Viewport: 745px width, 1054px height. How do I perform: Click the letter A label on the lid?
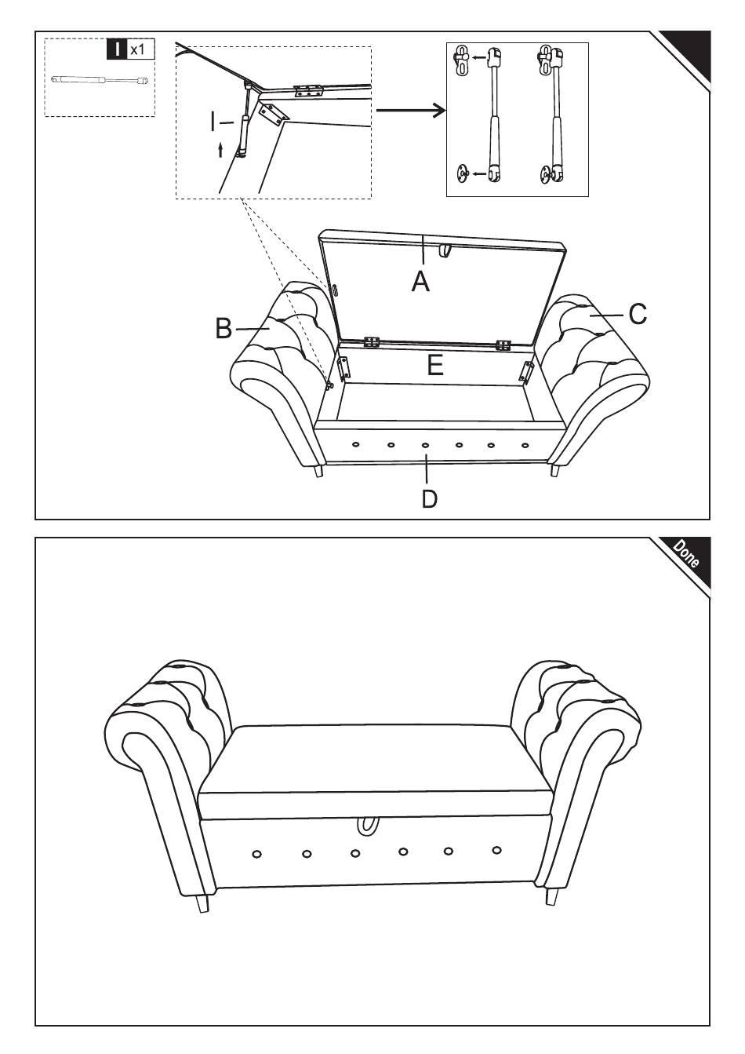pyautogui.click(x=421, y=280)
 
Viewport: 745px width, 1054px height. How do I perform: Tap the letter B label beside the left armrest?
pyautogui.click(x=224, y=328)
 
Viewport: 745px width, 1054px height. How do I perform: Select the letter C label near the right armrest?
pyautogui.click(x=638, y=314)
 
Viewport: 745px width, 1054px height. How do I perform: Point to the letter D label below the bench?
pyautogui.click(x=429, y=498)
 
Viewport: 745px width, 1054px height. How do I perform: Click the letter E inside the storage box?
pyautogui.click(x=435, y=365)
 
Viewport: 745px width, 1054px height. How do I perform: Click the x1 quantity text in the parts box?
pyautogui.click(x=137, y=49)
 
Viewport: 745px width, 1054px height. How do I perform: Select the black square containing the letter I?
pyautogui.click(x=117, y=49)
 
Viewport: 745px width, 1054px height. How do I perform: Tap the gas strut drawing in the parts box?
pyautogui.click(x=100, y=80)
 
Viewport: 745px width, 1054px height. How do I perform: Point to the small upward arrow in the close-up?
pyautogui.click(x=220, y=149)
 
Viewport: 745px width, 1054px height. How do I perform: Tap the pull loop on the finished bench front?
pyautogui.click(x=367, y=826)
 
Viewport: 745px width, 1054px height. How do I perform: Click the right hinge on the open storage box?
pyautogui.click(x=503, y=344)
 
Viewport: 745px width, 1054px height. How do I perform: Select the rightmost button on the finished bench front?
pyautogui.click(x=496, y=849)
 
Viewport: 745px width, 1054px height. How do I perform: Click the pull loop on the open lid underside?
pyautogui.click(x=446, y=250)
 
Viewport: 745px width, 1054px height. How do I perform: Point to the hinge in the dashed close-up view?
pyautogui.click(x=308, y=91)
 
